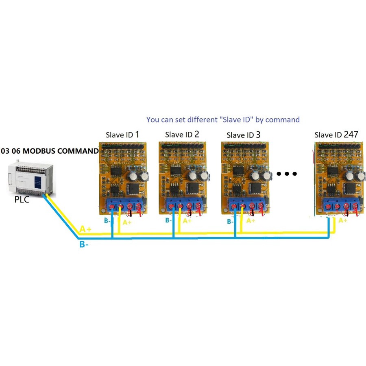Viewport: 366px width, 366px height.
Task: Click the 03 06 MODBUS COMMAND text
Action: tap(50, 151)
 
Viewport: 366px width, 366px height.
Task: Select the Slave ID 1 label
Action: tap(122, 134)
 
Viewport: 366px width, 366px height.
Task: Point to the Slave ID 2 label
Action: tap(182, 134)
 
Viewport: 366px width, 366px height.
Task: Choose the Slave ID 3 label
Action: tap(243, 135)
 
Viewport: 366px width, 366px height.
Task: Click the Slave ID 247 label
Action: tap(336, 134)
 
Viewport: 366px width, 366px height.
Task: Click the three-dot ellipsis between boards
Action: tap(287, 174)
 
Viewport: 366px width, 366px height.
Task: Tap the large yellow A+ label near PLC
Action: tap(85, 229)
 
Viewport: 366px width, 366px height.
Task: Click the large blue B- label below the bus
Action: tap(84, 245)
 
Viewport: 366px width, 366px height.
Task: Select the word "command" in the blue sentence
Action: tap(283, 120)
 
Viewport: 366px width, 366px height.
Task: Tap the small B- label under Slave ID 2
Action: tap(168, 220)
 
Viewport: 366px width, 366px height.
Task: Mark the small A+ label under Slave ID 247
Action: tap(343, 220)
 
